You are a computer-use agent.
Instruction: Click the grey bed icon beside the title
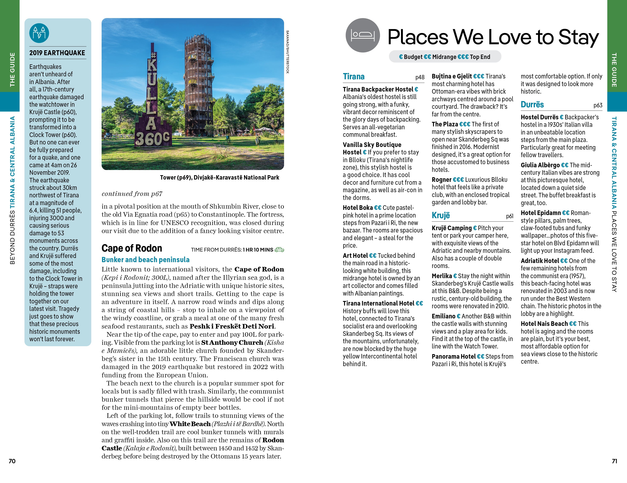coord(363,35)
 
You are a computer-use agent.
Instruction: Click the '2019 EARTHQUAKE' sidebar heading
coord(57,53)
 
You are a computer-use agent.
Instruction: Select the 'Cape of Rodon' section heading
coord(132,248)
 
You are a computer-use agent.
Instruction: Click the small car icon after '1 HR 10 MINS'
coord(279,249)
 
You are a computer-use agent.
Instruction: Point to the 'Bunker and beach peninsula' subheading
coord(145,260)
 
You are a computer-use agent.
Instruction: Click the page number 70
coord(12,461)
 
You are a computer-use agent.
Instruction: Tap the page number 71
coord(614,461)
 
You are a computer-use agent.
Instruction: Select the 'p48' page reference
coord(420,77)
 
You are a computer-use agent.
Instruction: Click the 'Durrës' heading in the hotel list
coord(532,105)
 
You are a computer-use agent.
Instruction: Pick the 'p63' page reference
coord(598,105)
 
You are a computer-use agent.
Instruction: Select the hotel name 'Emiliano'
coord(443,316)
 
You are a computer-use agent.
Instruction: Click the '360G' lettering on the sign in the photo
coord(152,139)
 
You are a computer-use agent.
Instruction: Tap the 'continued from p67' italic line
coord(132,194)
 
